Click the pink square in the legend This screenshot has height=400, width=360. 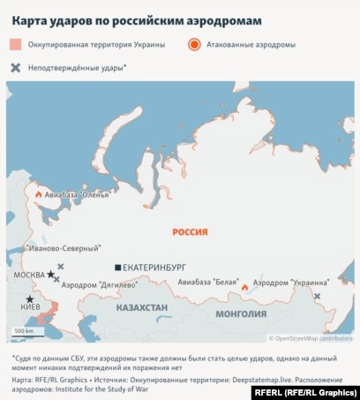pos(17,43)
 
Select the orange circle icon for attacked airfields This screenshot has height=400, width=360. pos(194,43)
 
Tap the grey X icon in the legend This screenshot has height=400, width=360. pos(17,67)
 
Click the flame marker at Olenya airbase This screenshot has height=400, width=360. pos(38,193)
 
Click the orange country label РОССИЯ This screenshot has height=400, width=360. pos(190,231)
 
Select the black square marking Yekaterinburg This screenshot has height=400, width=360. pos(117,267)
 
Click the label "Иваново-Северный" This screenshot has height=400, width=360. pos(65,249)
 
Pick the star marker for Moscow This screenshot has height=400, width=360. pos(50,275)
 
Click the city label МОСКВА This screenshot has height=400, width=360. pos(29,275)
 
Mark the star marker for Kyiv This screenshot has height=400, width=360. pos(29,299)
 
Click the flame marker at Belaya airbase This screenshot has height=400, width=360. pos(244,286)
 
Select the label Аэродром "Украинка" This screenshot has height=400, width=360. pos(291,283)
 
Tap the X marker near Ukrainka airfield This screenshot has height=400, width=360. pos(317,296)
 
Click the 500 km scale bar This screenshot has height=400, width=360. pos(24,336)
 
